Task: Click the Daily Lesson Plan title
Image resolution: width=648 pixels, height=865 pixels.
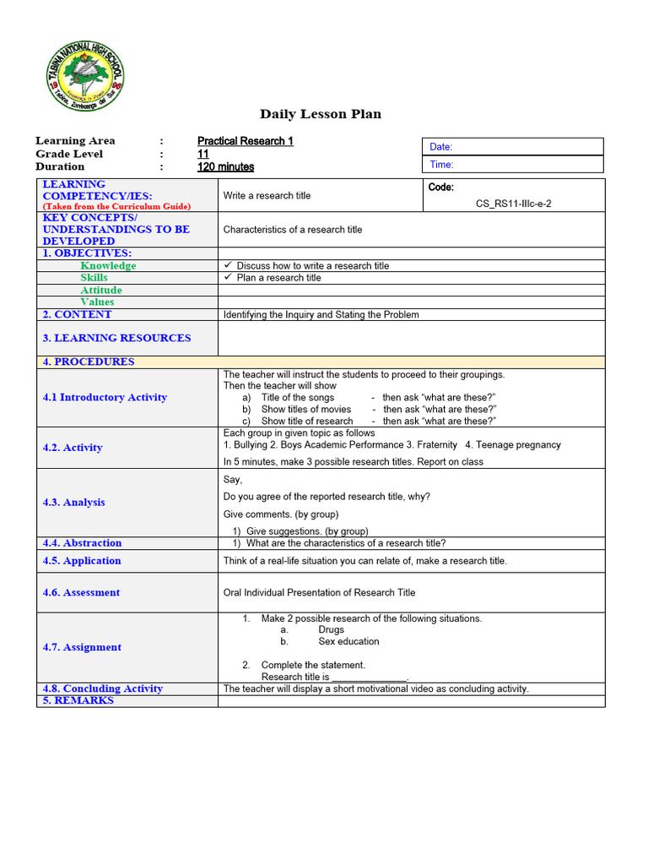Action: (x=320, y=114)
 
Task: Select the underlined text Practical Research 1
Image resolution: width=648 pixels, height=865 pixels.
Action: (x=246, y=141)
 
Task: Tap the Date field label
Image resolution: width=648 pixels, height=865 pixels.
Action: (x=441, y=147)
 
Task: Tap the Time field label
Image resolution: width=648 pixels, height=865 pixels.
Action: (x=441, y=165)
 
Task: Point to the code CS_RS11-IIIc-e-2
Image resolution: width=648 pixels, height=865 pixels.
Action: (x=514, y=204)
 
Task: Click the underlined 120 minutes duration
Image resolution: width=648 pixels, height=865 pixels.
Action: (x=225, y=166)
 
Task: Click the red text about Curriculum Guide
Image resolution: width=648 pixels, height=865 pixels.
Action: (x=116, y=206)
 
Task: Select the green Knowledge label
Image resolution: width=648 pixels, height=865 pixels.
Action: (x=108, y=265)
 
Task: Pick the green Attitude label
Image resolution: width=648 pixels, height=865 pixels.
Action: (x=101, y=290)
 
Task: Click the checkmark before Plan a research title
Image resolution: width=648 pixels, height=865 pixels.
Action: (x=228, y=277)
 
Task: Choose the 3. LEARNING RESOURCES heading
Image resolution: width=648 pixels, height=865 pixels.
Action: (x=116, y=338)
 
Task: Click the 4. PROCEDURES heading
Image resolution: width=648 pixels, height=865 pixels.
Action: (x=89, y=362)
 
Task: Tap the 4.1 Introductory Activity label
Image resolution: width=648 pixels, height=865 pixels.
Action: (x=105, y=397)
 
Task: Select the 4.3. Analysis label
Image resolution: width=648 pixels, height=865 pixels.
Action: (x=74, y=502)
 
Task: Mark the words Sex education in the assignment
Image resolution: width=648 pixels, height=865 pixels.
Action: (x=348, y=641)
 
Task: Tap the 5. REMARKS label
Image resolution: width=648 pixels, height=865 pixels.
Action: (x=78, y=700)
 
